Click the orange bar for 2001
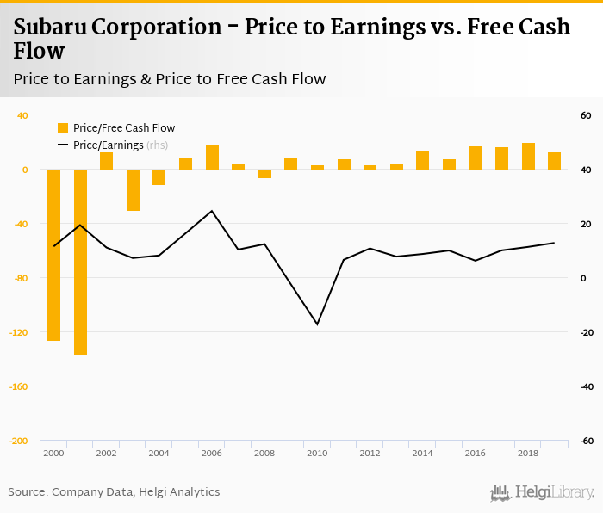pos(80,262)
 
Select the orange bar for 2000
pos(53,255)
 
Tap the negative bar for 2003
pos(133,190)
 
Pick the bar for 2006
pos(212,158)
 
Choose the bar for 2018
pos(528,156)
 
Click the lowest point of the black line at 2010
pos(317,324)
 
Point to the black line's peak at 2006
pos(212,210)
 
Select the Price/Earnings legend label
pos(108,145)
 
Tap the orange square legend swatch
pos(62,128)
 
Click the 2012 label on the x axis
pos(370,453)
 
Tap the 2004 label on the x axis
pos(159,453)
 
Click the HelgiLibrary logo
pos(542,492)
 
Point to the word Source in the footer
pos(28,492)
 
